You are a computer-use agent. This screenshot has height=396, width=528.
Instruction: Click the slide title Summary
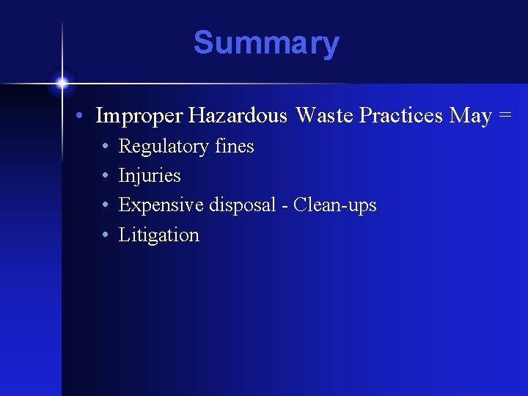coord(266,43)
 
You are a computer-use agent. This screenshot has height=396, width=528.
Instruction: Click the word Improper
coord(139,117)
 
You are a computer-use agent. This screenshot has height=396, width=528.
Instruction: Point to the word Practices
coord(401,116)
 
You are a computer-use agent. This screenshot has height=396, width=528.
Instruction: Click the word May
coord(470,116)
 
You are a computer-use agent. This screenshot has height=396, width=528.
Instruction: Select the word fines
coord(235,146)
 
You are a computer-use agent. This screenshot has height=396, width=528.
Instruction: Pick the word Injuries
coord(150,176)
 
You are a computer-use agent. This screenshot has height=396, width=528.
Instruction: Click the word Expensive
coord(161,205)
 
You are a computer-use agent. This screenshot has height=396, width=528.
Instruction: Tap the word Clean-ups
coord(334,205)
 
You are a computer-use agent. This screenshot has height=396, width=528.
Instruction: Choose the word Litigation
coord(158,235)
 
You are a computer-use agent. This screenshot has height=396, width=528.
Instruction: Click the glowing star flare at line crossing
coord(62,82)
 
